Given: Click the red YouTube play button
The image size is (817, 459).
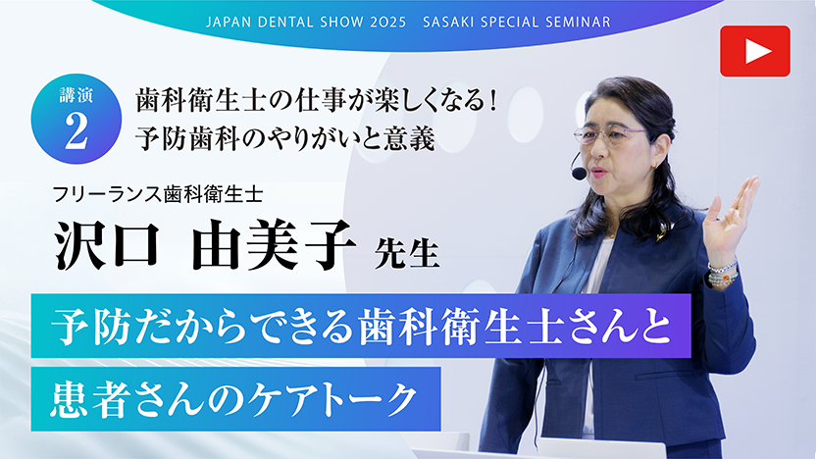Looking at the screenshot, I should coord(754,51).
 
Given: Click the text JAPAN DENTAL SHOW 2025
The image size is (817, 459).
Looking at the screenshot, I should coord(313,21).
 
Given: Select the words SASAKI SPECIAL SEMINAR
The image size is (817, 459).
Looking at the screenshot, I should coord(516,21).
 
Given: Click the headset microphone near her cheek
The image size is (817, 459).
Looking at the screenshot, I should coord(579,173).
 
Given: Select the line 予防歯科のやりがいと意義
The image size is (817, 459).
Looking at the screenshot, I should coord(284,138).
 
